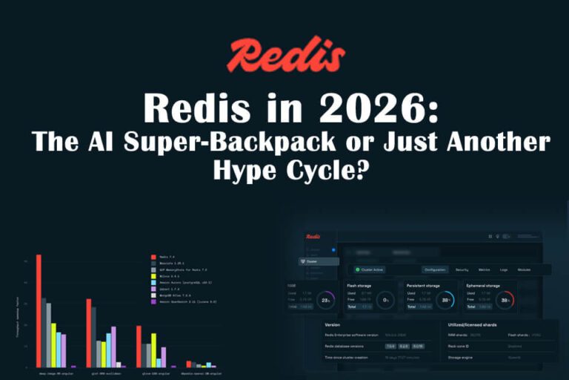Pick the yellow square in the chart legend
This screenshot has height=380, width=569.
click(x=153, y=275)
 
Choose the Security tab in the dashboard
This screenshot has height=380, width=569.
click(x=462, y=270)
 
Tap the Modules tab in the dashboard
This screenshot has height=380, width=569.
click(x=524, y=270)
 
